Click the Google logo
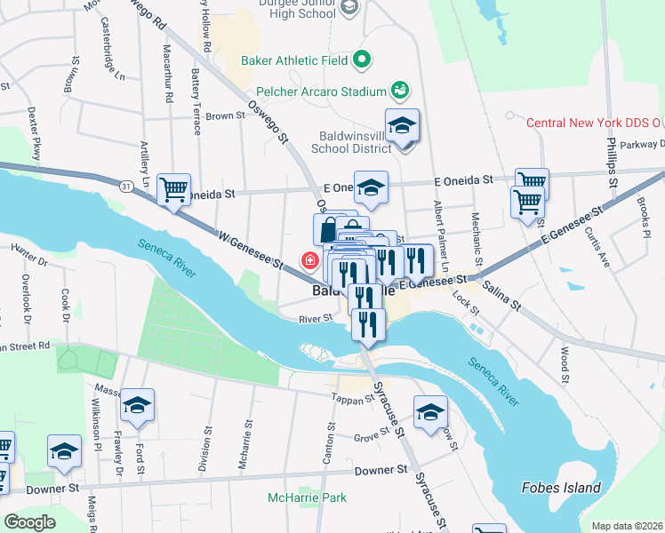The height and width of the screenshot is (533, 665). pyautogui.click(x=30, y=522)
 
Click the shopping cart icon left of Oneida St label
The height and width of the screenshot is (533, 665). pyautogui.click(x=173, y=188)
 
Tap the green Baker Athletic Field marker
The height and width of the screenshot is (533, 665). pyautogui.click(x=361, y=60)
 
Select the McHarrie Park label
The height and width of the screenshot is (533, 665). pyautogui.click(x=307, y=497)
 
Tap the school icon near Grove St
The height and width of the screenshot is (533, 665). pyautogui.click(x=430, y=412)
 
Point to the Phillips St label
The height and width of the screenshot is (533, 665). pyautogui.click(x=612, y=161)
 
